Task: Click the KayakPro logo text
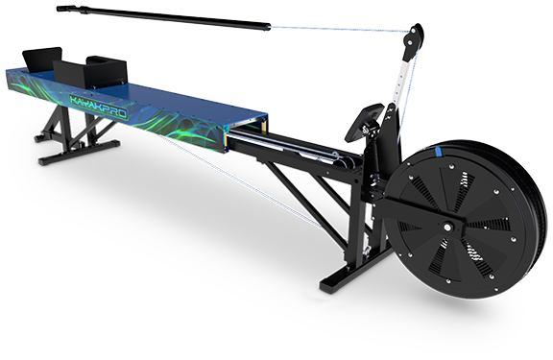[x=98, y=106]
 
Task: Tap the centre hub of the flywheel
[x=447, y=228]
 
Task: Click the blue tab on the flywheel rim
[x=438, y=152]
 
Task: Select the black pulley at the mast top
[x=413, y=40]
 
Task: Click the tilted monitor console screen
[x=363, y=122]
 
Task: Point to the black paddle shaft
[x=163, y=17]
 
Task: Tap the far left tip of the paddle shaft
[x=58, y=8]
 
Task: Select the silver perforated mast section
[x=400, y=82]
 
